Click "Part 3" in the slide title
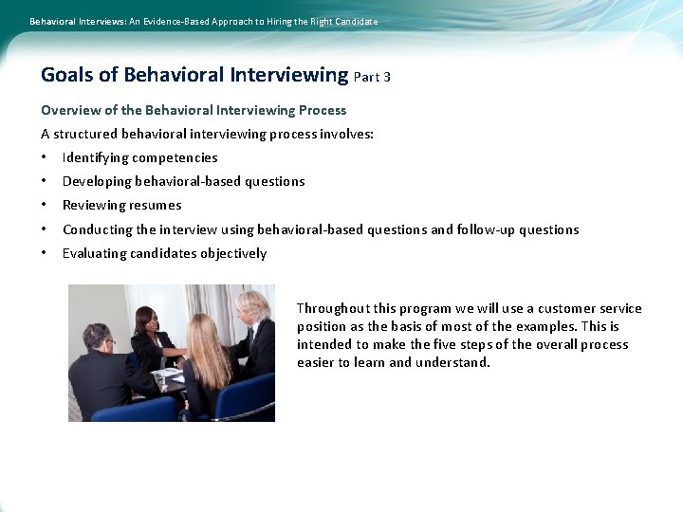point(372,77)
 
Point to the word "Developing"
point(97,181)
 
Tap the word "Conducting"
point(98,229)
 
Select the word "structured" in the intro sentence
point(97,134)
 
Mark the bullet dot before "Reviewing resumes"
point(44,205)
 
